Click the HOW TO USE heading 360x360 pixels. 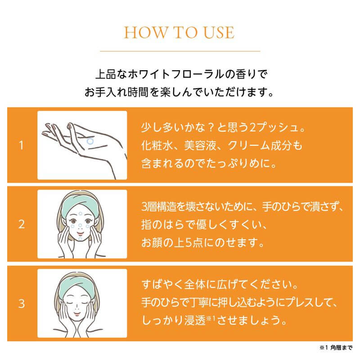pyautogui.click(x=179, y=33)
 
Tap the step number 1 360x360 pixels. pyautogui.click(x=21, y=145)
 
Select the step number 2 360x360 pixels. pyautogui.click(x=21, y=224)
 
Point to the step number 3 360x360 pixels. pyautogui.click(x=21, y=303)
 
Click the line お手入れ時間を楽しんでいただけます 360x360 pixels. pyautogui.click(x=179, y=93)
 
